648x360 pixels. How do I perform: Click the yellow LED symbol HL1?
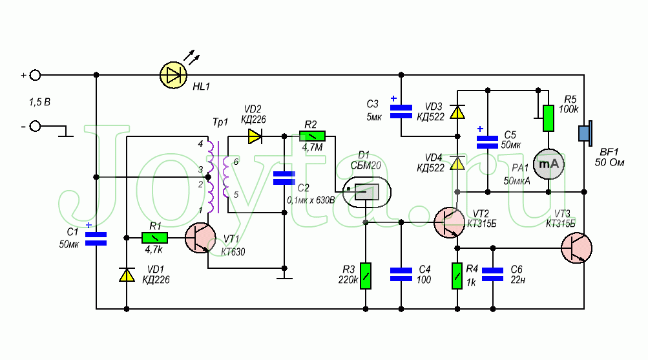click(173, 76)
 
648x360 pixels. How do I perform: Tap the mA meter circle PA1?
click(549, 164)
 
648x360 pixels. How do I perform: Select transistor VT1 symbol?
click(200, 238)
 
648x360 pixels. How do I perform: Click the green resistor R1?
click(155, 238)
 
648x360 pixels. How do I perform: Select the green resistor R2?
click(312, 136)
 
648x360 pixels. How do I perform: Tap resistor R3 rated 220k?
click(366, 275)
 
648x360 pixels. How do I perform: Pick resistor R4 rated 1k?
click(457, 275)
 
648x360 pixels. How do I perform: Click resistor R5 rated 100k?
click(549, 118)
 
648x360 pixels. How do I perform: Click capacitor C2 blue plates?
click(284, 178)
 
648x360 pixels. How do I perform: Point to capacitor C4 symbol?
click(401, 275)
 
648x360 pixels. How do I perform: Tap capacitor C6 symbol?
click(493, 275)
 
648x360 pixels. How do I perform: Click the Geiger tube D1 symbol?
click(366, 191)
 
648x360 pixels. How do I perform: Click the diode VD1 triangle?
click(126, 275)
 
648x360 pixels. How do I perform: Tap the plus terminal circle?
click(35, 76)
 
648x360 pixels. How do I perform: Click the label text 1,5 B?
click(40, 102)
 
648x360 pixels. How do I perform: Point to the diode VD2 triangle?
click(254, 136)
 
